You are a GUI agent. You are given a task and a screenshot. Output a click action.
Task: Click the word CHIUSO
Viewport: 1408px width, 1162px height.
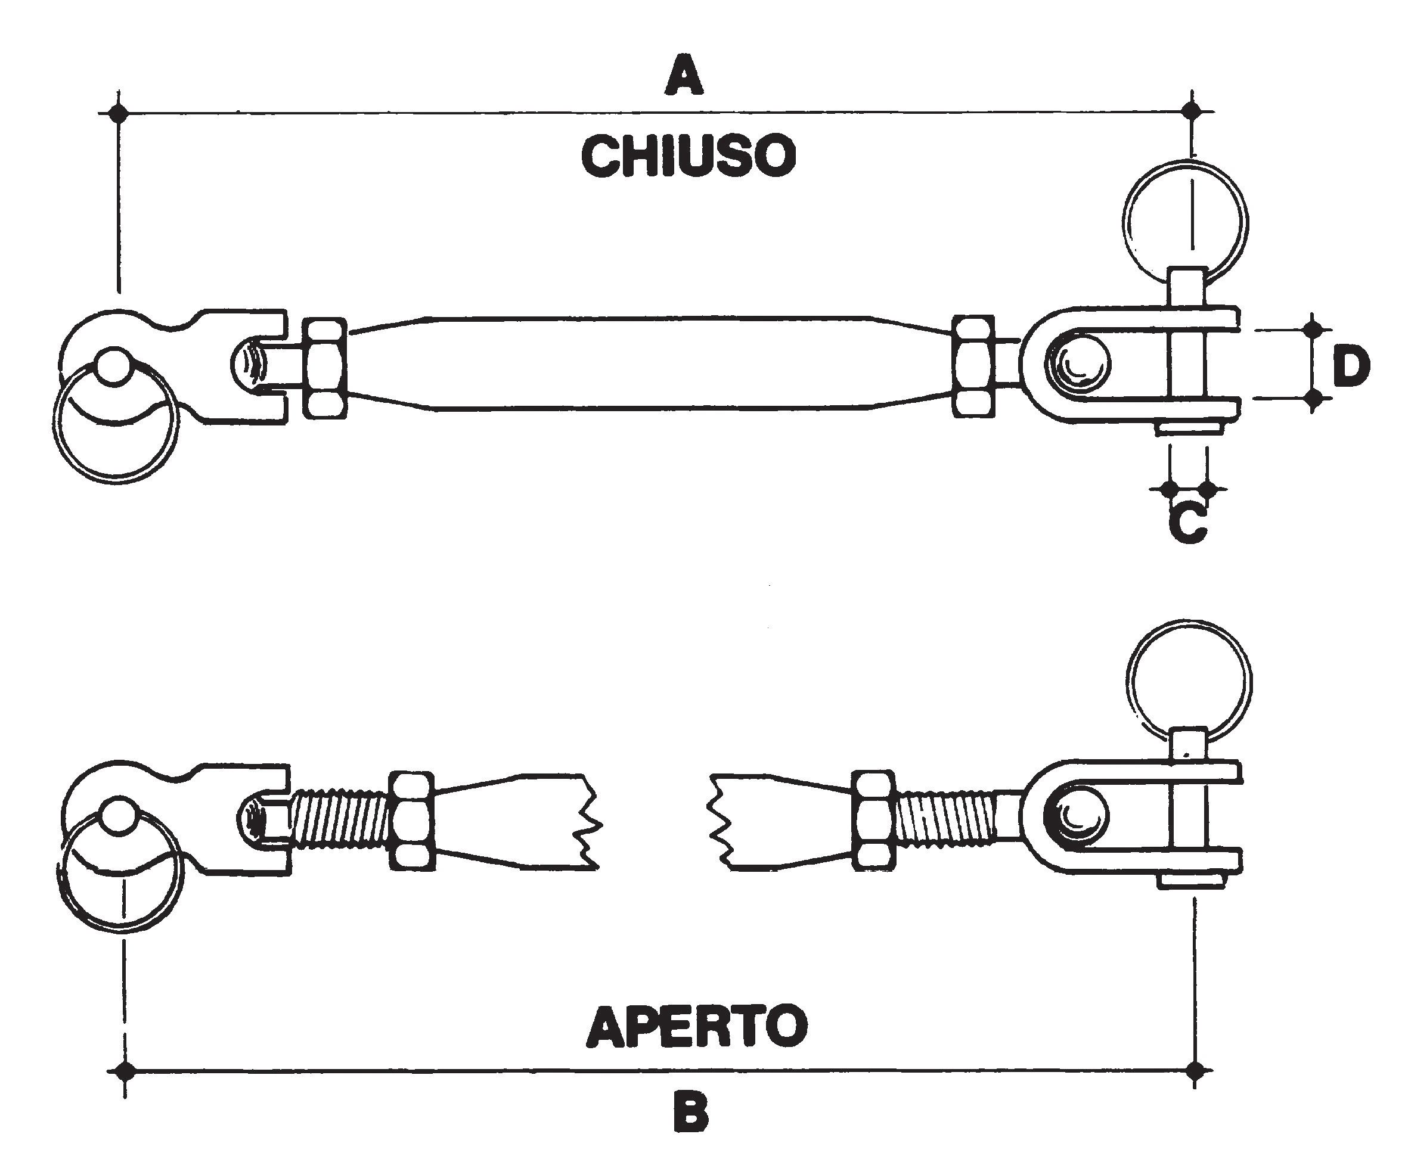point(689,156)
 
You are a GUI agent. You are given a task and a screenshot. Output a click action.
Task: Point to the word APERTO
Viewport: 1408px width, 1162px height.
point(696,1026)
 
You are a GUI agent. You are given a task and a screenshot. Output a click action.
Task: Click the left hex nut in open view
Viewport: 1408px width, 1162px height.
point(411,821)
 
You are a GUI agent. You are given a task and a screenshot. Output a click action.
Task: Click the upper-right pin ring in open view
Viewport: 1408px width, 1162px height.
point(1189,682)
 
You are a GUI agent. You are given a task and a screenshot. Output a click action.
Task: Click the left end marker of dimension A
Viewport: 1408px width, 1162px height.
point(119,113)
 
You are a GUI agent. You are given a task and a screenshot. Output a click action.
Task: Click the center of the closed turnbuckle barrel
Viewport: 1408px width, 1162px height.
point(649,362)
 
